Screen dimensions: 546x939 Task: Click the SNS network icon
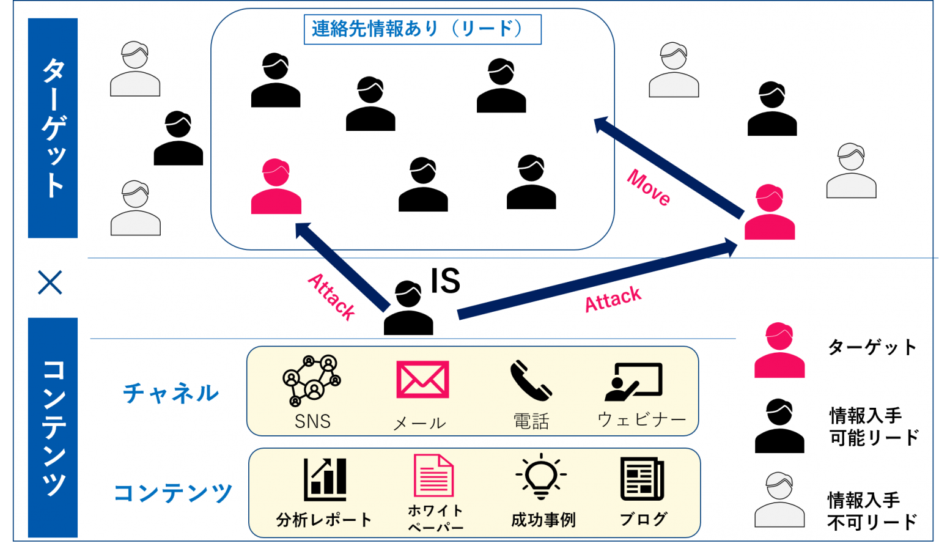[x=312, y=380]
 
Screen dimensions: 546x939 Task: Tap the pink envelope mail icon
[x=422, y=379]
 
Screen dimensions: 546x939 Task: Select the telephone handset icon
[x=530, y=380]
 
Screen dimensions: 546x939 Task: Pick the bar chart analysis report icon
[x=325, y=479]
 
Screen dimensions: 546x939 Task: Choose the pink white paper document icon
[x=433, y=476]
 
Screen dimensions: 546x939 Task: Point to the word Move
[x=649, y=187]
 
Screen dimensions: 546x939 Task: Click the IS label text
[x=445, y=281]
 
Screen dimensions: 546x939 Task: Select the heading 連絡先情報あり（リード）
[x=422, y=29]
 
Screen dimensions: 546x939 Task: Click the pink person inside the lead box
[x=276, y=187]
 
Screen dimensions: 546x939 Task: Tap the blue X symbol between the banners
[x=50, y=282]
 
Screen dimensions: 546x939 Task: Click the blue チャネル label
[x=171, y=393]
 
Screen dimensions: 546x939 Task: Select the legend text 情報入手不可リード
[x=872, y=511]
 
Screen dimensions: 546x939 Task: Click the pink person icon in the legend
[x=779, y=350]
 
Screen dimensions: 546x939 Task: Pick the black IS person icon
[x=408, y=308]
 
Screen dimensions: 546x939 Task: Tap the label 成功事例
[x=543, y=520]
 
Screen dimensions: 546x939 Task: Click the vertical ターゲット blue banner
[x=53, y=128]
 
